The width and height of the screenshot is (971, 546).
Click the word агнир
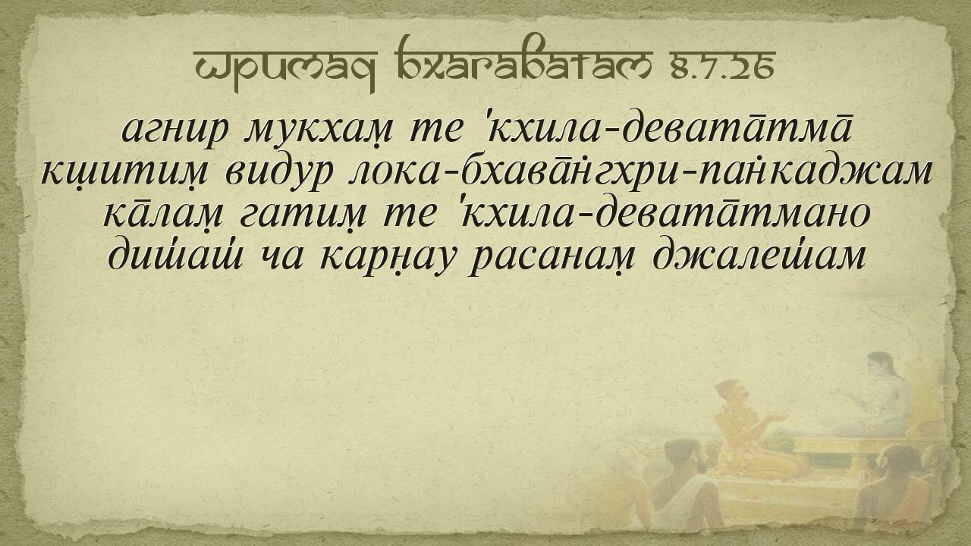coord(174,130)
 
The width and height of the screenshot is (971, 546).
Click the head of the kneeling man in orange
coord(731,394)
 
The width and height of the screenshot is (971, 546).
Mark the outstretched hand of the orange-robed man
coord(777,418)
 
